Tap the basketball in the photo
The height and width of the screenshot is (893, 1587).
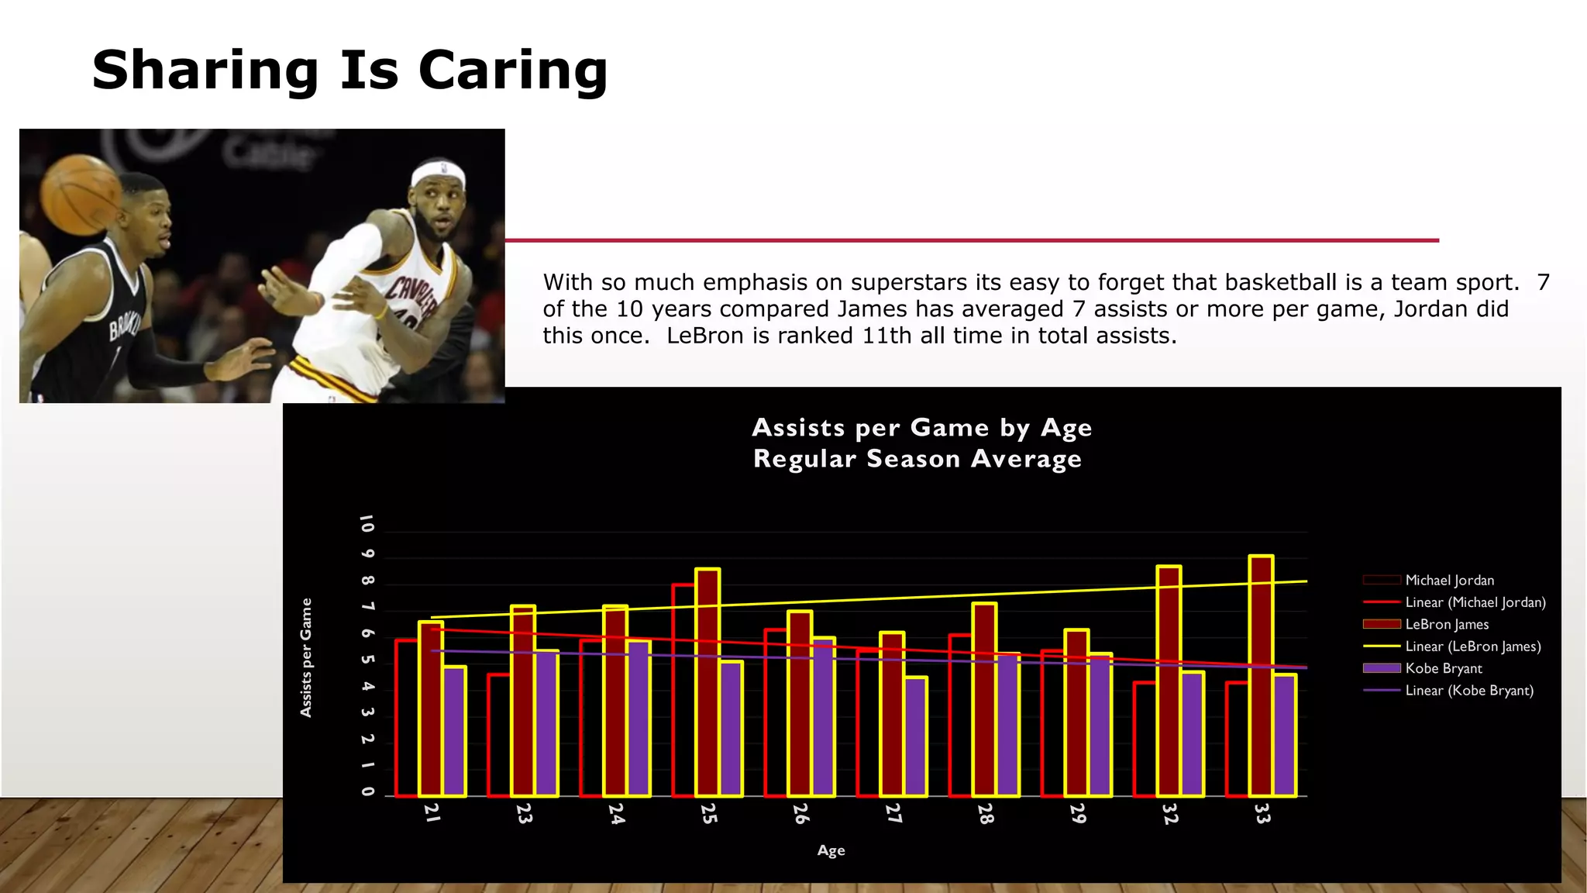pyautogui.click(x=80, y=195)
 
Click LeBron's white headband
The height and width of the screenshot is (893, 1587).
pyautogui.click(x=438, y=172)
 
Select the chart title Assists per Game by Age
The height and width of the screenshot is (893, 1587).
pyautogui.click(x=921, y=428)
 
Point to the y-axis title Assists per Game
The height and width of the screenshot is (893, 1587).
pyautogui.click(x=306, y=657)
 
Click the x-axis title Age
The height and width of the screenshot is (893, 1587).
pyautogui.click(x=831, y=850)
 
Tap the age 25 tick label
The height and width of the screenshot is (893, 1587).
pyautogui.click(x=709, y=813)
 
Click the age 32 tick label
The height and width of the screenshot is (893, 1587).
pyautogui.click(x=1170, y=813)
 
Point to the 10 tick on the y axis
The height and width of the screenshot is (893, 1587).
pyautogui.click(x=367, y=524)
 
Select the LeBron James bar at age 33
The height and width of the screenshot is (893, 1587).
pyautogui.click(x=1261, y=674)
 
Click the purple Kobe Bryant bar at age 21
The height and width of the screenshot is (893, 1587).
pyautogui.click(x=454, y=731)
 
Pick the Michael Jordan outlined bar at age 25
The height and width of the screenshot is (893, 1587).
pyautogui.click(x=683, y=690)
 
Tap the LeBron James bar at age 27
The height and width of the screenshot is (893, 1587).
pyautogui.click(x=892, y=713)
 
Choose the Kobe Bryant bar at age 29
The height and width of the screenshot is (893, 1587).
pyautogui.click(x=1100, y=725)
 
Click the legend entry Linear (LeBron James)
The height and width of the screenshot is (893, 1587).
pyautogui.click(x=1472, y=646)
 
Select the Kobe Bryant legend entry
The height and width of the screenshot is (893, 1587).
pyautogui.click(x=1443, y=668)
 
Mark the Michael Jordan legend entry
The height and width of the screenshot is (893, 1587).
pyautogui.click(x=1449, y=580)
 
